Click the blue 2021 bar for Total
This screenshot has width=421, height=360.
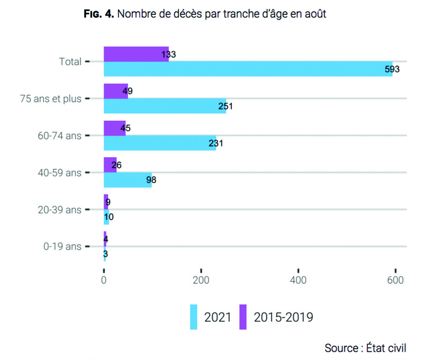[x=248, y=69]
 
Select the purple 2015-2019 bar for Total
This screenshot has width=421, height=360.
[x=136, y=54]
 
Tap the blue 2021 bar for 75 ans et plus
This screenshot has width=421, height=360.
[x=165, y=106]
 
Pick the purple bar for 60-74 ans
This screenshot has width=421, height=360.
[x=115, y=128]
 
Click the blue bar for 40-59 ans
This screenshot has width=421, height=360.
[x=128, y=180]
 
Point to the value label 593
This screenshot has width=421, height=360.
[x=392, y=69]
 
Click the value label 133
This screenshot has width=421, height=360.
[x=169, y=55]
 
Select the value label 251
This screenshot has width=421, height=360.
[x=226, y=106]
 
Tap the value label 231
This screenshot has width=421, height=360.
[x=216, y=143]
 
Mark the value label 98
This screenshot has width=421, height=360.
[x=152, y=180]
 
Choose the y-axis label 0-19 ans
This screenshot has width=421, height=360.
[x=62, y=246]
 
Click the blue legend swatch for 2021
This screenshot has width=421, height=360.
[x=193, y=316]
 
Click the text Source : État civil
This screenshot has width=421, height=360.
[x=365, y=347]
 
